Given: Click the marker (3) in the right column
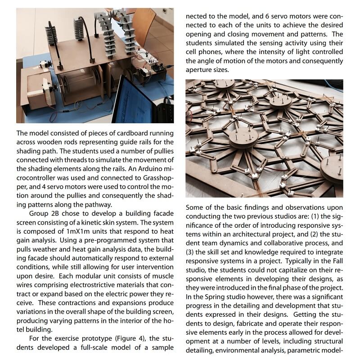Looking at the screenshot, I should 191,252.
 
